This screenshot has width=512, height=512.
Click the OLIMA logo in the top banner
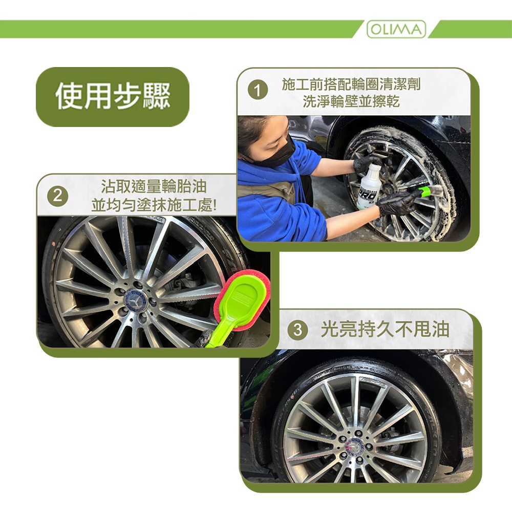point(396,29)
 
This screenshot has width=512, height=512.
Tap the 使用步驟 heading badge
point(113,97)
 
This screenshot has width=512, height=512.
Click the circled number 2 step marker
point(58,196)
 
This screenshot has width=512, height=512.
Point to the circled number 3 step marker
point(297,329)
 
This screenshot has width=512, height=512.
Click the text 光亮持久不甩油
point(385,329)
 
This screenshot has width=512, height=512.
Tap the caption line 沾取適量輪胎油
point(154,186)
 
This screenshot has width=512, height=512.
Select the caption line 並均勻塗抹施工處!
point(154,205)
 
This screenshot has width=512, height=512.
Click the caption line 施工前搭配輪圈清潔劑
point(351,84)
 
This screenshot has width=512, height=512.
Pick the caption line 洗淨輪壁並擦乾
point(351,101)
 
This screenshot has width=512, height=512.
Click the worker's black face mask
point(280,153)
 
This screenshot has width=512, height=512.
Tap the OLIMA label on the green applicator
point(242,298)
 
